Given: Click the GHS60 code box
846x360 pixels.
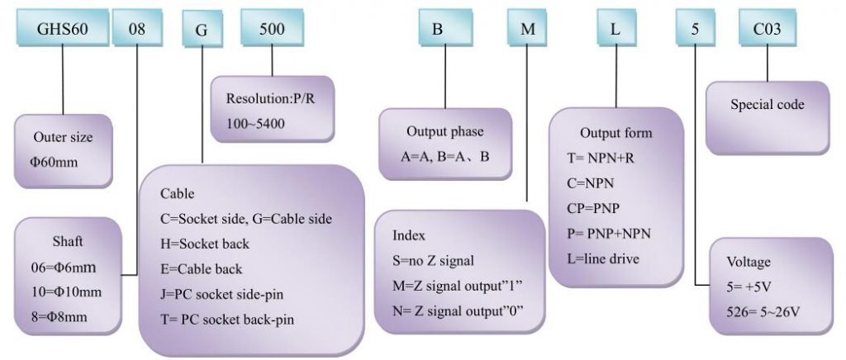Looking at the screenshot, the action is [62, 27].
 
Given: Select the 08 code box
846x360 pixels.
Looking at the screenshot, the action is [137, 27].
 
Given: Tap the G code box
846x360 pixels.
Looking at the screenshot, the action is [202, 30].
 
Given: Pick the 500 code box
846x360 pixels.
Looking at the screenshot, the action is [272, 27].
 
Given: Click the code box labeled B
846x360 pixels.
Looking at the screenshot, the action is [445, 27].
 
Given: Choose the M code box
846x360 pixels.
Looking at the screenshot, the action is [528, 27].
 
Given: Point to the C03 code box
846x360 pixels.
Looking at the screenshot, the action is [768, 27].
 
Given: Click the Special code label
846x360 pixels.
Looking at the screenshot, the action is [768, 105].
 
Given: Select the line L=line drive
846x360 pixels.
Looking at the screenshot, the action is [603, 258].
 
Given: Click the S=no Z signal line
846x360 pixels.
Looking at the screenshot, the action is [433, 261].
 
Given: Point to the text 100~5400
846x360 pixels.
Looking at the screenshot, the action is [255, 124].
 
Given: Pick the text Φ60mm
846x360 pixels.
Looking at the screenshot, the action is [54, 162].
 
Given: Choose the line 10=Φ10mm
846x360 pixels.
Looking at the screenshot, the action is [67, 292].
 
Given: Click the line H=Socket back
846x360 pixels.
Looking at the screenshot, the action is [205, 244].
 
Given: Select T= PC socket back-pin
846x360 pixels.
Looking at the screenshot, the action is [227, 320].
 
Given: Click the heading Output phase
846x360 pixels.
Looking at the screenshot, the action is [445, 131].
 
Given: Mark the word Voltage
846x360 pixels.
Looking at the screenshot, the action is [749, 263].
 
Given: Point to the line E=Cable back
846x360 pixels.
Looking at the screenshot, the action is [202, 269].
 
